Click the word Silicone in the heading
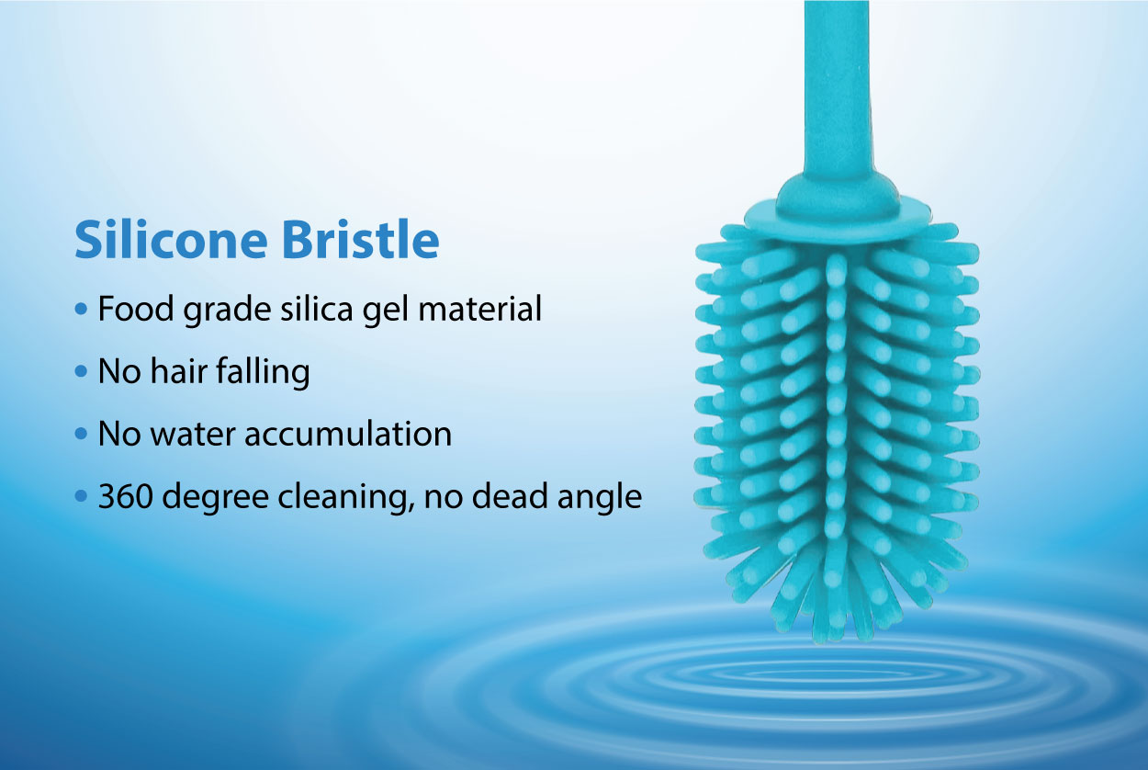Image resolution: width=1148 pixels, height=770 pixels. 171,240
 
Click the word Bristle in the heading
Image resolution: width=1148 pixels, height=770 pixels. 360,240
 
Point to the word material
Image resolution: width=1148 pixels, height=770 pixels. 479,309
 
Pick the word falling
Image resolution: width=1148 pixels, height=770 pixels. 264,371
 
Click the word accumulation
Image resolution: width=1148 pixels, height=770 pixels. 348,434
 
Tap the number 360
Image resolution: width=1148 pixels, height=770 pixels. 126,496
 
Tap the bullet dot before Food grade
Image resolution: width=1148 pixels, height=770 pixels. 81,309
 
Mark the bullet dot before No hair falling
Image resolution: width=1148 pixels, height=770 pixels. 81,371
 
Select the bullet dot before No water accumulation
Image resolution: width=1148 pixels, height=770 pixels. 81,434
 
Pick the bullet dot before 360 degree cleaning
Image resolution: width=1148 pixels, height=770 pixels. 81,496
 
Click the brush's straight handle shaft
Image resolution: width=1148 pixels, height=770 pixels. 837,87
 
